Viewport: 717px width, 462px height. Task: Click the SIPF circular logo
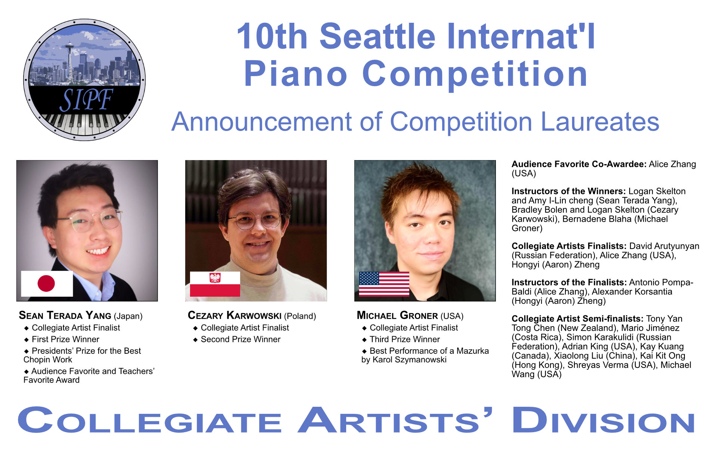tap(84, 80)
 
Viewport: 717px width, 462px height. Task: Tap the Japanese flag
tap(47, 284)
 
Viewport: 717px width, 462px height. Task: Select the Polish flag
tap(215, 284)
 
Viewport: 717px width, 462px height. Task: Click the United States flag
tap(384, 284)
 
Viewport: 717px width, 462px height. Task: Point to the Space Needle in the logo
tap(69, 62)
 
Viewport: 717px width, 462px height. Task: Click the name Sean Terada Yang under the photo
tap(65, 315)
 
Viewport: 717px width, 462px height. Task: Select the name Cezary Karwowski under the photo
tap(235, 315)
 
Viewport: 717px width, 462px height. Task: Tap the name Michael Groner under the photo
tap(397, 315)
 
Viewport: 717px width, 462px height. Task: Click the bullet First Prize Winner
tap(65, 339)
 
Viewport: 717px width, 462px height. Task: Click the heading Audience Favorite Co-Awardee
tap(579, 164)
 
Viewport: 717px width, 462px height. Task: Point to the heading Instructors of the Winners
tap(568, 191)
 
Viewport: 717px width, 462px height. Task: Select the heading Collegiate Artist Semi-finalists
tap(577, 319)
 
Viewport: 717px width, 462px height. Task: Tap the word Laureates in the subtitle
tap(600, 122)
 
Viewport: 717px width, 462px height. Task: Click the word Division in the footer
tap(603, 420)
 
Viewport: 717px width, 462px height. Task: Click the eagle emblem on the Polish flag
tap(215, 278)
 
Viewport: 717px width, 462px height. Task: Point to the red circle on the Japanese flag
tap(46, 284)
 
